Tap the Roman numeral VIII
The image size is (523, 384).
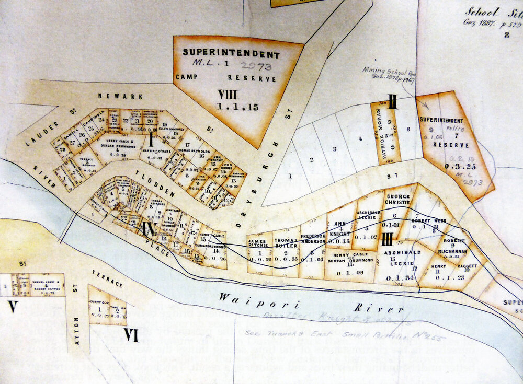tap(230, 95)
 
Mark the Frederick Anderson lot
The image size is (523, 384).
tap(313, 246)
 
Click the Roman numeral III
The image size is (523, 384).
tap(387, 240)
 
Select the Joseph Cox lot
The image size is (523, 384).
tap(98, 306)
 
